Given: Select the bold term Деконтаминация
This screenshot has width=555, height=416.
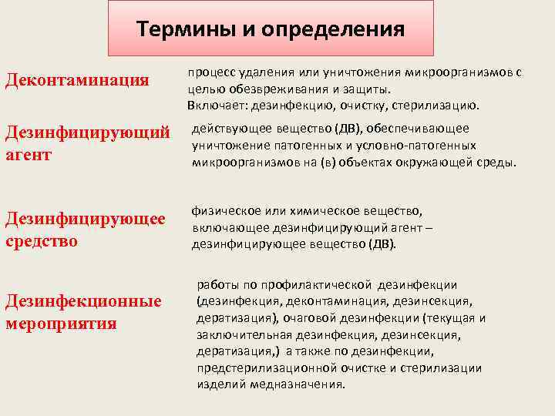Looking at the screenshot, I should click(77, 81).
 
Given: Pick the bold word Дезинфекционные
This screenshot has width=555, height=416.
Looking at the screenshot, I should click(83, 301).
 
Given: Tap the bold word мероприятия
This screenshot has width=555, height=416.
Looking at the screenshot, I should click(61, 323).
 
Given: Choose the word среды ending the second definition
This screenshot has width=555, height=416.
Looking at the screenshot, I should click(499, 163).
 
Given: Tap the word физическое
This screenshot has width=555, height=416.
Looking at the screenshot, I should click(227, 211).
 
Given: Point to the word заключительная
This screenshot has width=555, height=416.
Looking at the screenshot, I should click(237, 334).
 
